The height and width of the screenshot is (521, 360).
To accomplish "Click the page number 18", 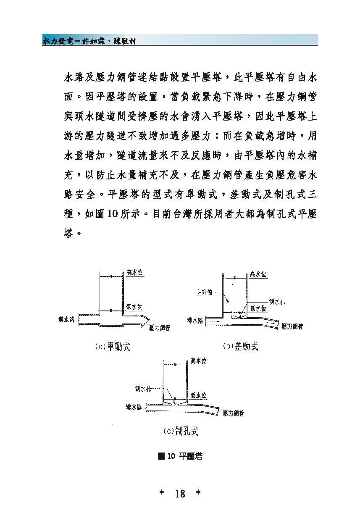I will [180, 494].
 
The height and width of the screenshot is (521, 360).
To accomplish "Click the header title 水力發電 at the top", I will [59, 41].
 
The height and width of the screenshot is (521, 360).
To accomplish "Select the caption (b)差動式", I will [241, 347].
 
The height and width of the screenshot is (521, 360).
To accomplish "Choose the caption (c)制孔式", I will [181, 432].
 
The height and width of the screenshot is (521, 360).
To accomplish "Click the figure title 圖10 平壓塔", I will [180, 456].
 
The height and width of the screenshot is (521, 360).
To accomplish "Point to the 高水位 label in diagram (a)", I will [134, 272].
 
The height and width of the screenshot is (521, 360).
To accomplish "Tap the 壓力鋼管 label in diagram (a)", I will [160, 328].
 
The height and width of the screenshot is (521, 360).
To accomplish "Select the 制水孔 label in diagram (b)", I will [277, 301].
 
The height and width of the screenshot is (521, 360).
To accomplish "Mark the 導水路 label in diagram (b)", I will [195, 321].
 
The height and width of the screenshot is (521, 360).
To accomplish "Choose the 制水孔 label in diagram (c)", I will [143, 389].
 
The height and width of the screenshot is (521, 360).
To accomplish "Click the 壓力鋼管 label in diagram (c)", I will [234, 413].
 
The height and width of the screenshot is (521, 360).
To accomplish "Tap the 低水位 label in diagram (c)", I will [198, 395].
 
